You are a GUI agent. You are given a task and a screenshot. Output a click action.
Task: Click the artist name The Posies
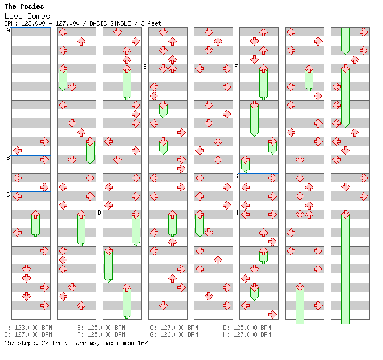click(24, 6)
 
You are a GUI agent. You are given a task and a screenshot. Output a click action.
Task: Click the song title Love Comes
click(27, 16)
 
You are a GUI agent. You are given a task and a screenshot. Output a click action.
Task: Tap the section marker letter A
click(8, 30)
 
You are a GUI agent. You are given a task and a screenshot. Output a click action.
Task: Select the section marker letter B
click(8, 158)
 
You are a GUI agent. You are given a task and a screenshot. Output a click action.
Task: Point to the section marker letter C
click(8, 194)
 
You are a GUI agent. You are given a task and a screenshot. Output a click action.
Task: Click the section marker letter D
click(99, 212)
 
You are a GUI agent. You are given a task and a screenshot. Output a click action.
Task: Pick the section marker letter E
click(145, 67)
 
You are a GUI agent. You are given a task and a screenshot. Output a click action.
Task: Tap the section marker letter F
click(236, 67)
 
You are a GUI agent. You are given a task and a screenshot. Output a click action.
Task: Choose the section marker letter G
click(236, 176)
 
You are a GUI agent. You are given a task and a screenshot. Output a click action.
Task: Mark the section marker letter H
click(236, 212)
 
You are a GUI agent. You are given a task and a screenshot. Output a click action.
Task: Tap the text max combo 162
click(120, 343)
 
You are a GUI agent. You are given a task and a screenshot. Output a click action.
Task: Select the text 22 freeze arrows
click(60, 343)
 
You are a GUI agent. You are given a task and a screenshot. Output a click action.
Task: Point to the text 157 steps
click(18, 343)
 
